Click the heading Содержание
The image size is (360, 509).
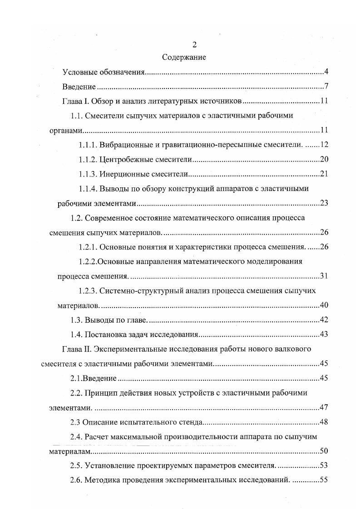coord(183,58)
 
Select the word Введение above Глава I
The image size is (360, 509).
coord(79,87)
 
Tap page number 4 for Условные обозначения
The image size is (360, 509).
coord(326,72)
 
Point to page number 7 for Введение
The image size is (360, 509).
coord(326,87)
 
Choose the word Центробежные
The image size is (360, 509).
coord(123,159)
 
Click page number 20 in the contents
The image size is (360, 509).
coord(324,159)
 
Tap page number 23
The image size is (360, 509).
coord(324,203)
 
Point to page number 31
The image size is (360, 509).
coord(324,276)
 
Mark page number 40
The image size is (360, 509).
coord(324,305)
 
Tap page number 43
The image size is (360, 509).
coord(324,334)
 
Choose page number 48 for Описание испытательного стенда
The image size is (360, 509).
coord(324,422)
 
